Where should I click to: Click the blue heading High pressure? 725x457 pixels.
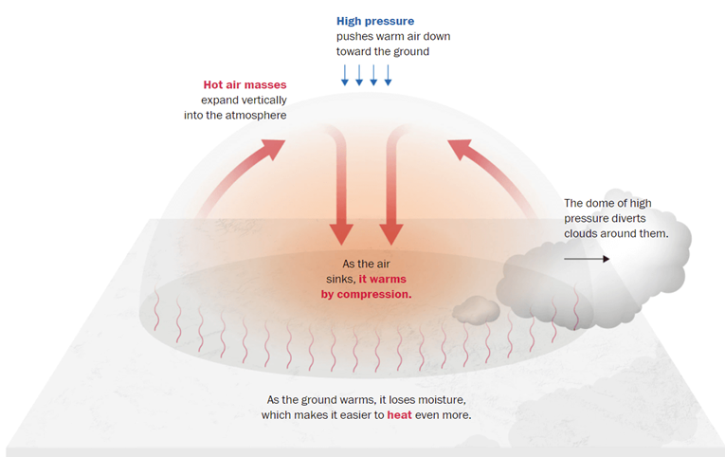pos(375,21)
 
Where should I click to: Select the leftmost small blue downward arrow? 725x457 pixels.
pos(345,75)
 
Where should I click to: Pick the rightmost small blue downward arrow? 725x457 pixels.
pos(388,75)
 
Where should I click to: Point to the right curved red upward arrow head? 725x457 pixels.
pos(460,147)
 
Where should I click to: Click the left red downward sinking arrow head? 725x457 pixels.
pos(340,234)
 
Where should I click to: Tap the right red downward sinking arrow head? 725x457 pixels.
pos(392,234)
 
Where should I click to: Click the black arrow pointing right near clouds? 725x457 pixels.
pos(587,258)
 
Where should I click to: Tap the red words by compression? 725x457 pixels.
pos(366,294)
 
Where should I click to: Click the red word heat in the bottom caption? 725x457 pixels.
pos(400,415)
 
